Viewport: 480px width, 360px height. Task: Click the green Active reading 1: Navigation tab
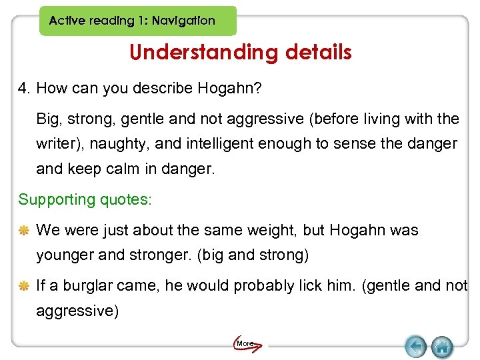[x=137, y=21]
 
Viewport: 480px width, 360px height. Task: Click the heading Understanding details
[x=240, y=52]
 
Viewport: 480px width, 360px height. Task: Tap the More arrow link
[x=247, y=344]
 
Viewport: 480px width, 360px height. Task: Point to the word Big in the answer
[x=47, y=119]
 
